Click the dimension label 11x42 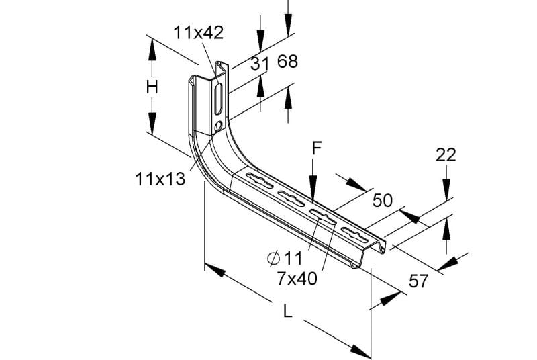(x=198, y=32)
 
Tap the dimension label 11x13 (x=160, y=179)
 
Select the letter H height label (x=152, y=87)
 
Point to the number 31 (x=259, y=64)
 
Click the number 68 (x=288, y=61)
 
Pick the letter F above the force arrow (x=317, y=148)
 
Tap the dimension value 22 (x=446, y=155)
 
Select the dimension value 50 (x=383, y=200)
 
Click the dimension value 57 (x=418, y=281)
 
